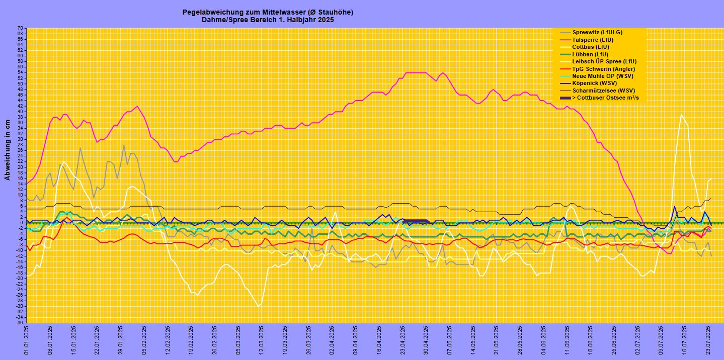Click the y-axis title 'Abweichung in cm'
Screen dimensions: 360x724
[x=8, y=149]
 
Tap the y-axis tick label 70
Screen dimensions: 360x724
[x=20, y=28]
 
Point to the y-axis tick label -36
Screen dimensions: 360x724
[x=19, y=323]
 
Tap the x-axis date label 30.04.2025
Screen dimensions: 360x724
[x=425, y=340]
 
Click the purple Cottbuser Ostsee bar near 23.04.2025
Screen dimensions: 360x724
[x=416, y=221]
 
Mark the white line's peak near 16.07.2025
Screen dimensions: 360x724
[x=682, y=115]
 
